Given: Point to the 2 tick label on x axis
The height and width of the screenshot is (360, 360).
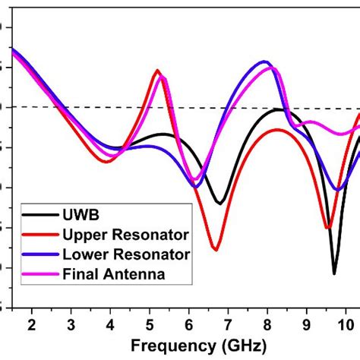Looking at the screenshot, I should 31,325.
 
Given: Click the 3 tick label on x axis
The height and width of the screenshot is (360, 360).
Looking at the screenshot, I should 71,325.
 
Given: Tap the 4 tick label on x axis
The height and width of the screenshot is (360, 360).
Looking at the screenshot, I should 110,325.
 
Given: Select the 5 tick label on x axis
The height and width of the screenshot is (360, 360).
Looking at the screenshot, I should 150,325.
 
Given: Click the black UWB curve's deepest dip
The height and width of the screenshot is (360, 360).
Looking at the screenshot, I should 334,273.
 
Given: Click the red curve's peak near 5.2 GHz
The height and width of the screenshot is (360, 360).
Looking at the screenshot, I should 157,71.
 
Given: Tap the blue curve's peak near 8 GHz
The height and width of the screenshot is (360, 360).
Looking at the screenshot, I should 264,62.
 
